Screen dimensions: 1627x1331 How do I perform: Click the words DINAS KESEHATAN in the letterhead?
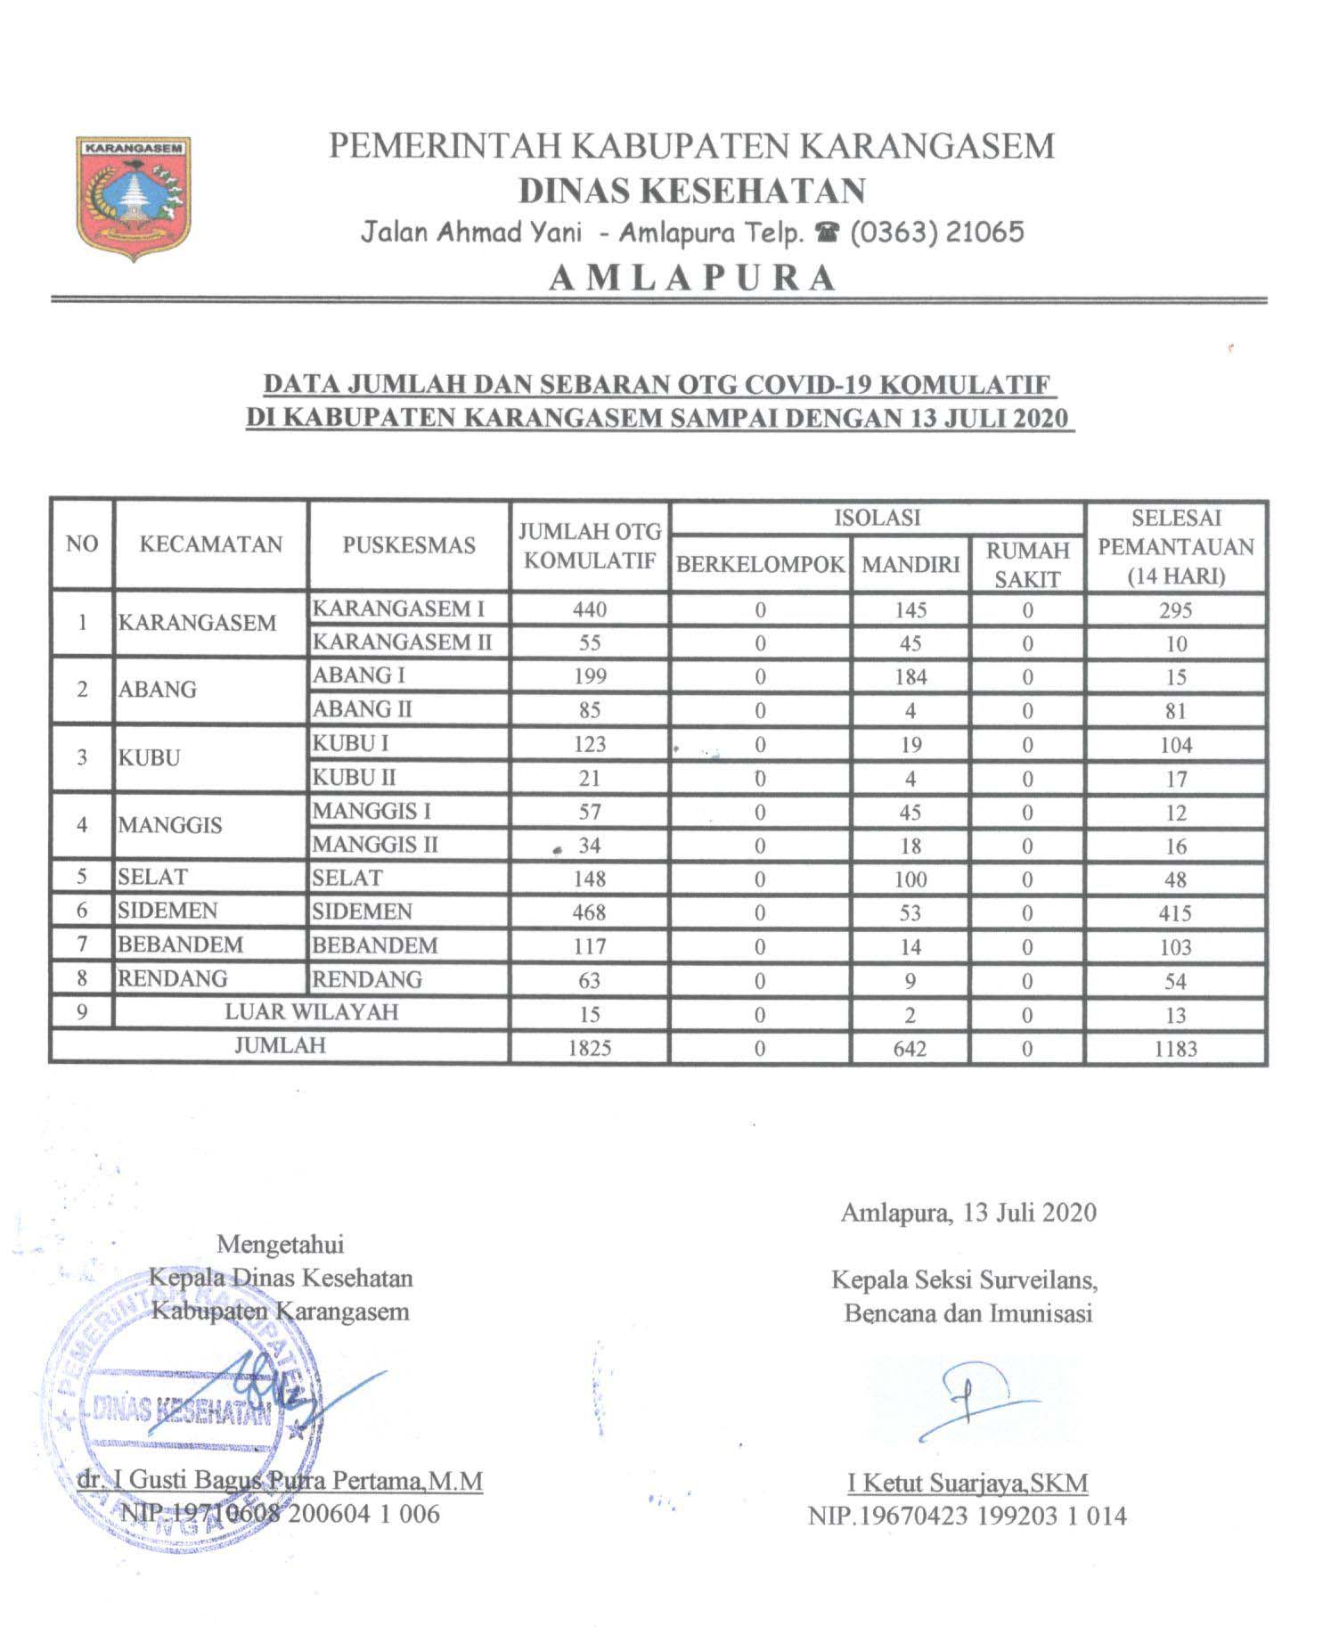click(691, 191)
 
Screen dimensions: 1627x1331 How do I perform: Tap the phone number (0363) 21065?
click(936, 233)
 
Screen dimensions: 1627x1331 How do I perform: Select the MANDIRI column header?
click(910, 563)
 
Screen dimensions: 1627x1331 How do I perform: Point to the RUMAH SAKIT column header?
click(1027, 564)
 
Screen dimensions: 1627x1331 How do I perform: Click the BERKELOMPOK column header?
click(760, 564)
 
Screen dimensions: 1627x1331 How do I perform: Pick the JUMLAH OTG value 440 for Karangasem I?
click(590, 609)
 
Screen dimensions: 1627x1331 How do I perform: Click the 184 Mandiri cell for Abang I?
click(910, 677)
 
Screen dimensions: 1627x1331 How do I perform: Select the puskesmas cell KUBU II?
click(354, 778)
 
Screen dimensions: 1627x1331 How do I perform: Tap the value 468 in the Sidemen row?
click(590, 912)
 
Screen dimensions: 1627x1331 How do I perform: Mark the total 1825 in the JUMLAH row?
click(590, 1048)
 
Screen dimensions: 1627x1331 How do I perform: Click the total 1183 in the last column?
click(1175, 1048)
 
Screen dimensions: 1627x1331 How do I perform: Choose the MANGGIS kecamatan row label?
click(170, 825)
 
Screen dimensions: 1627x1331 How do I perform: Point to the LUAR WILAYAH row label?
click(311, 1012)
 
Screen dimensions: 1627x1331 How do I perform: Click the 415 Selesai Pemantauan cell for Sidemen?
click(1175, 912)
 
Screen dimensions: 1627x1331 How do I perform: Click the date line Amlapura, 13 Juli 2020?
click(968, 1213)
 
